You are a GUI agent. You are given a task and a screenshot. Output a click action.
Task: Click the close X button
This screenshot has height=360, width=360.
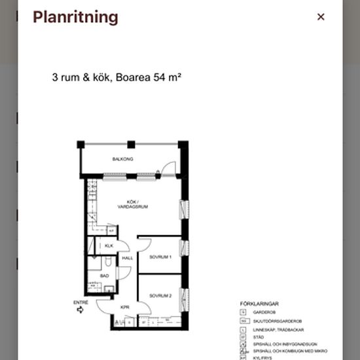click(x=321, y=17)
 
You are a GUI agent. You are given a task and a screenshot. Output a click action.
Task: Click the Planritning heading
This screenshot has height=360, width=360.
click(x=75, y=17)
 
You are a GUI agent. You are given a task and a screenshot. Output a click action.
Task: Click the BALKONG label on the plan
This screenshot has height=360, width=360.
click(x=123, y=159)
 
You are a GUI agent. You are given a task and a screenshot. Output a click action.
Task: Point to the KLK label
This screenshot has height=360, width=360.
click(x=109, y=245)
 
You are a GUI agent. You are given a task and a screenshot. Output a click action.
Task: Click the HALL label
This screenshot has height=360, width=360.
click(x=127, y=258)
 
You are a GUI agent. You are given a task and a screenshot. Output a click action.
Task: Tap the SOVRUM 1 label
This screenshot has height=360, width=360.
click(x=160, y=257)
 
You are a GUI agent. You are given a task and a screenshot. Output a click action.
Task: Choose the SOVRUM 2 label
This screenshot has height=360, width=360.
click(x=160, y=296)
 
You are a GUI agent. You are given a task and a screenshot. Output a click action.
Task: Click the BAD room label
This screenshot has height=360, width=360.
click(x=104, y=276)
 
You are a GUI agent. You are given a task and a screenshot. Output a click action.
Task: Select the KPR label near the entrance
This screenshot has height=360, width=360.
click(x=124, y=306)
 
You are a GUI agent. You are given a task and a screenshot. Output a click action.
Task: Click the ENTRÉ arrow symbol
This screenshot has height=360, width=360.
click(x=80, y=310)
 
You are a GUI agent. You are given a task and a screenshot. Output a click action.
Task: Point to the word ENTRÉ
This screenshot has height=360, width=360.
click(x=81, y=302)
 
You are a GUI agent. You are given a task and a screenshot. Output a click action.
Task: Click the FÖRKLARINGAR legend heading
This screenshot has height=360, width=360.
click(x=260, y=304)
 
